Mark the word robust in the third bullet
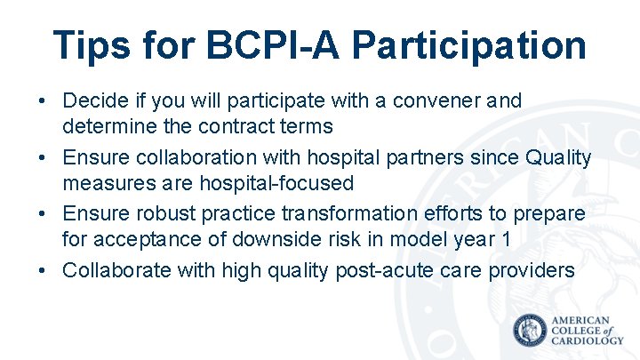160,214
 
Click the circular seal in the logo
531,330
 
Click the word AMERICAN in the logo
581,320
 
